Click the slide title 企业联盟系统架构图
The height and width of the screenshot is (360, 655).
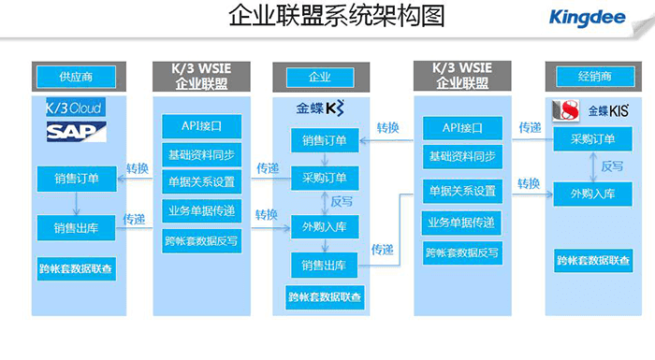point(327,17)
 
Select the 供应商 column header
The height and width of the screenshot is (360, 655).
point(75,76)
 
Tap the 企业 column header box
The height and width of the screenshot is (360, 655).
point(320,76)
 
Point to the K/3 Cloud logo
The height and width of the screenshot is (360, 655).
point(75,107)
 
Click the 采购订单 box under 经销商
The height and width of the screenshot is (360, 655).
point(591,140)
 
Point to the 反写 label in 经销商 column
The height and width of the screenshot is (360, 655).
point(612,166)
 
